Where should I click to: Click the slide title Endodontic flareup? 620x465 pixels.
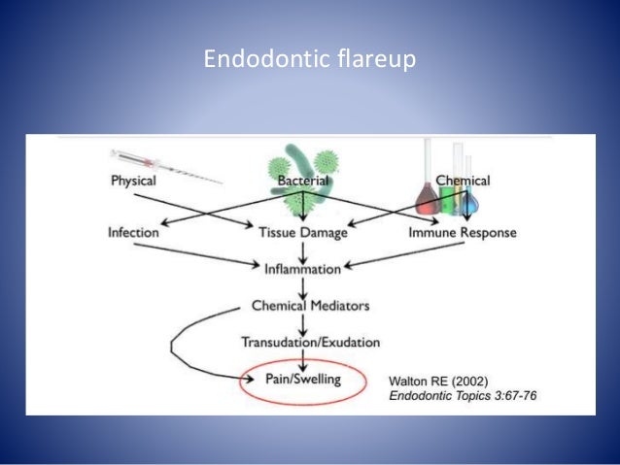pyautogui.click(x=309, y=60)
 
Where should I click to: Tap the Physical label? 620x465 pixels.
pyautogui.click(x=133, y=182)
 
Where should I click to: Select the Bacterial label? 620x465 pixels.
pyautogui.click(x=304, y=182)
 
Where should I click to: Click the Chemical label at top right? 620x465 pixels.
pyautogui.click(x=463, y=182)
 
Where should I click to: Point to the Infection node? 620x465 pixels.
pyautogui.click(x=134, y=233)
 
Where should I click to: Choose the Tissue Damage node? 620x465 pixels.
pyautogui.click(x=304, y=233)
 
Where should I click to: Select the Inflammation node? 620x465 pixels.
pyautogui.click(x=304, y=268)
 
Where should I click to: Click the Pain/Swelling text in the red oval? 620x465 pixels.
pyautogui.click(x=304, y=379)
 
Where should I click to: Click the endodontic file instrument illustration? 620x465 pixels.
pyautogui.click(x=165, y=164)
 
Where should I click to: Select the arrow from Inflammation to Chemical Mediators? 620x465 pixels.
pyautogui.click(x=304, y=286)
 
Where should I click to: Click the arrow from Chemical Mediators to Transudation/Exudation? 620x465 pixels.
pyautogui.click(x=304, y=323)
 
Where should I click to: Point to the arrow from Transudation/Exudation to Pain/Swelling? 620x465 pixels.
pyautogui.click(x=304, y=359)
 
